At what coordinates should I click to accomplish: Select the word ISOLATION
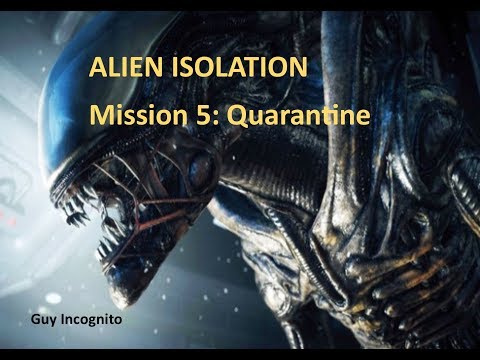pos(235,71)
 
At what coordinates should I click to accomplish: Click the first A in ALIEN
pos(98,71)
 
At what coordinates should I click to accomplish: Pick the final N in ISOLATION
pos(297,71)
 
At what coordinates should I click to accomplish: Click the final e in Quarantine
pos(363,117)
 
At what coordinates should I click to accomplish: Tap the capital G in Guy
pos(35,318)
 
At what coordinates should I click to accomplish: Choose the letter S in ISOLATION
pos(184,71)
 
